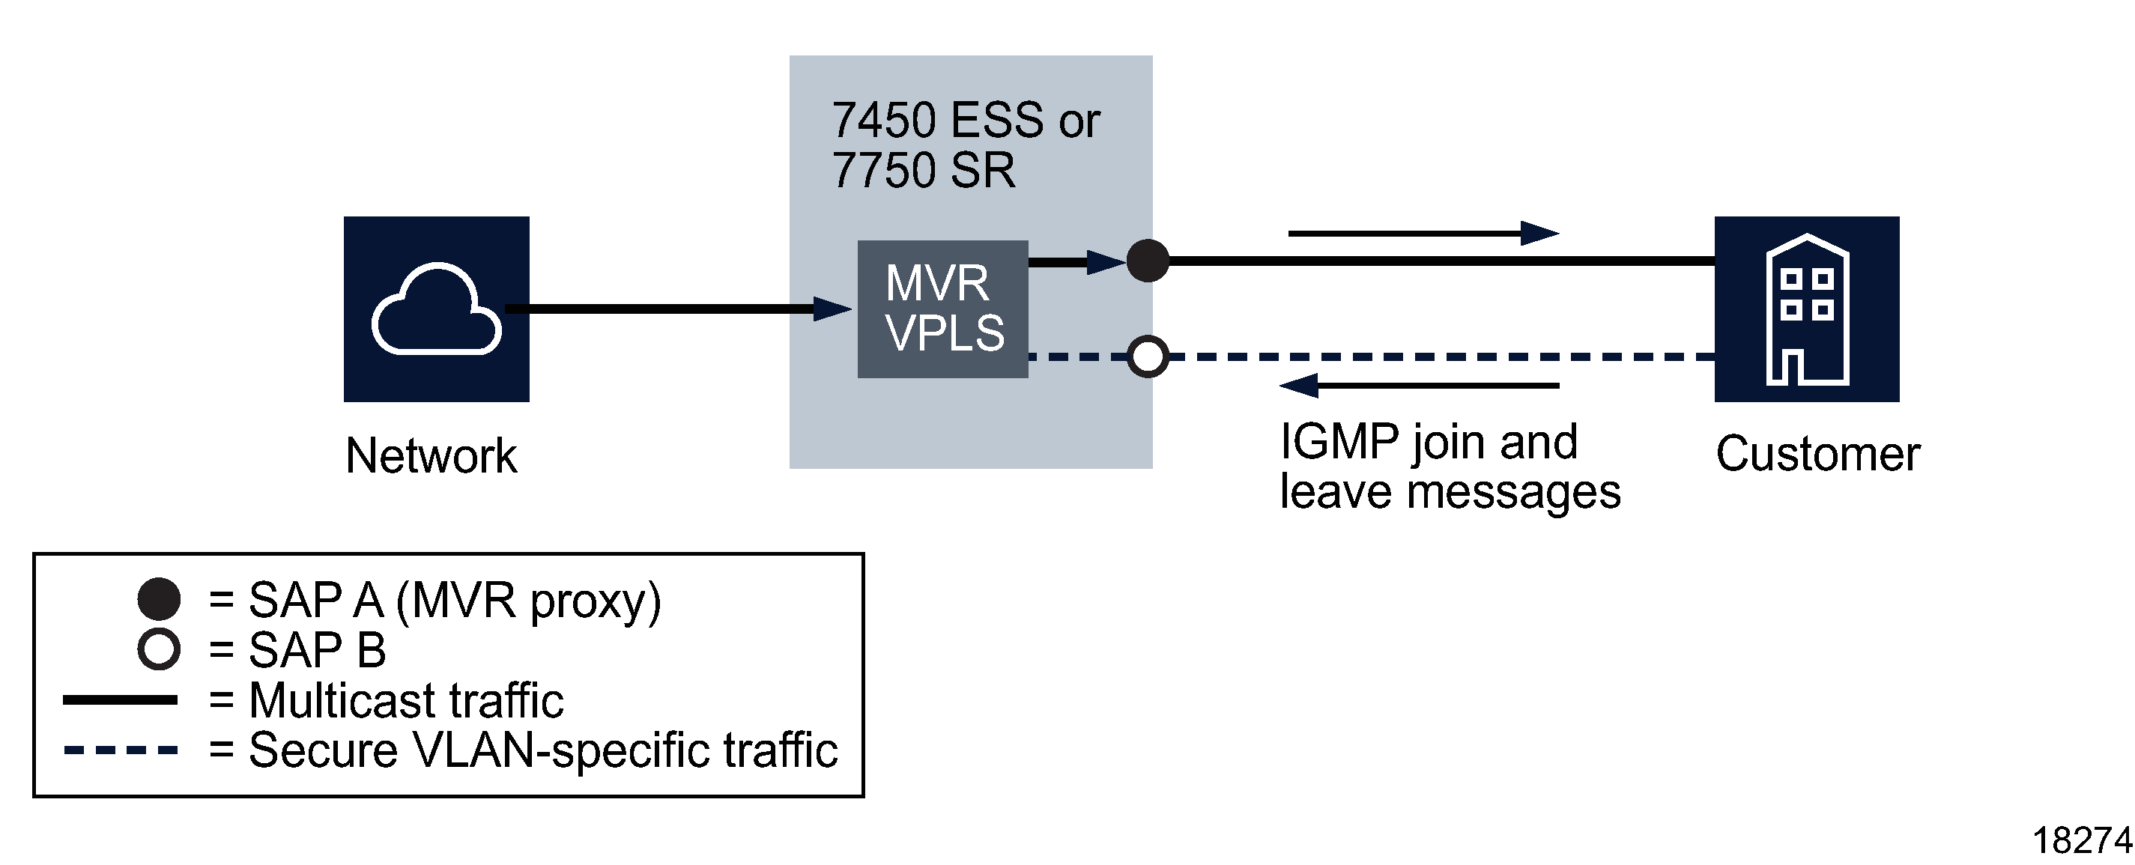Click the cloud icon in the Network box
click(437, 309)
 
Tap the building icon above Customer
click(1807, 310)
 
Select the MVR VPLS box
click(942, 309)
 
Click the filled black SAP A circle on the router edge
click(1147, 261)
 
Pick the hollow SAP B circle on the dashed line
click(1147, 356)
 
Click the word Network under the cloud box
click(431, 455)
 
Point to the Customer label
click(1817, 454)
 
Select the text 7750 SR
click(922, 171)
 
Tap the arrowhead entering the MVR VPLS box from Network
click(832, 309)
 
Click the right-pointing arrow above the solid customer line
click(1423, 234)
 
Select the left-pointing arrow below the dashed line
click(1418, 385)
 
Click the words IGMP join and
click(1428, 441)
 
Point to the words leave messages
click(1450, 492)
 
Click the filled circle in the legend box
click(158, 599)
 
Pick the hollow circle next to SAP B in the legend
click(158, 649)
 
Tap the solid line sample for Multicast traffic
click(120, 700)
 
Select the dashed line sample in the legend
click(120, 750)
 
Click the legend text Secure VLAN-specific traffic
click(543, 750)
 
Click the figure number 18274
click(2081, 841)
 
